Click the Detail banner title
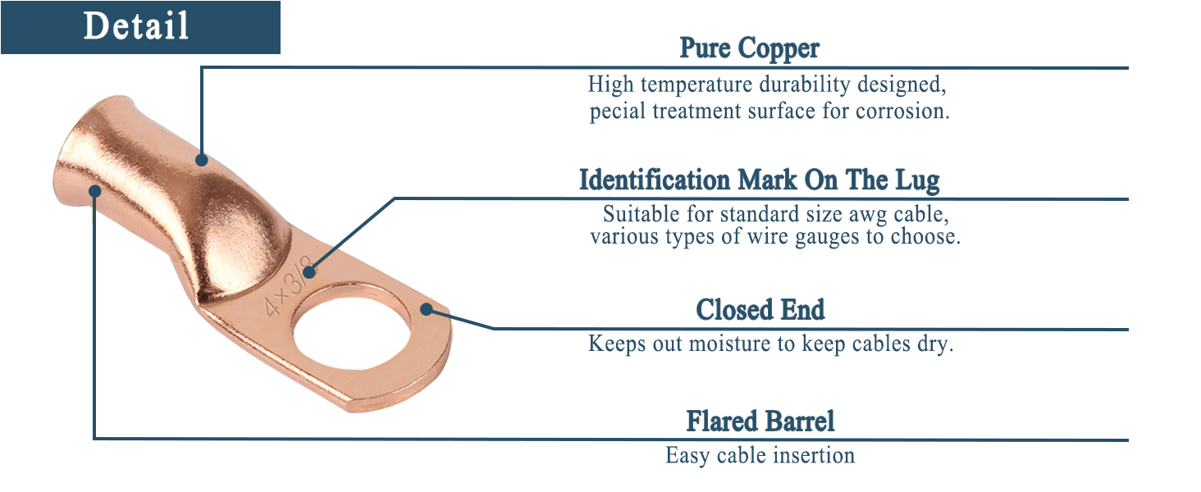(x=136, y=26)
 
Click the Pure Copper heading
(x=749, y=48)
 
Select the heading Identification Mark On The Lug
(x=759, y=180)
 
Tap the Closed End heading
(x=760, y=310)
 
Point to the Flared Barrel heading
(x=760, y=421)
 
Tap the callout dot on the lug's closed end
(x=426, y=309)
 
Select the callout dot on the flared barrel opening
(x=95, y=191)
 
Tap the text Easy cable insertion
(x=760, y=455)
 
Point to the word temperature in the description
(x=702, y=84)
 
